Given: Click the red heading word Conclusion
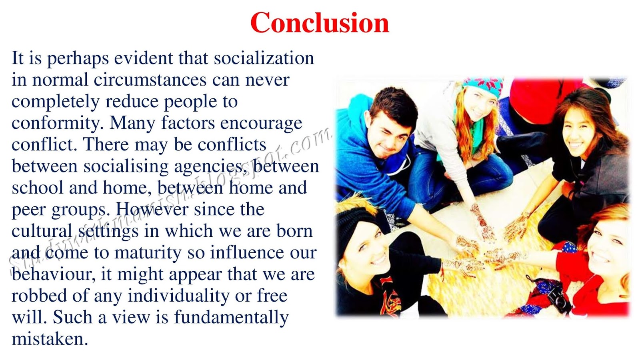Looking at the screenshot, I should (320, 23).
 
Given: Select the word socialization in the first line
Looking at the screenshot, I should (264, 58).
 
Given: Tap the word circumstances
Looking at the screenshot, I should (150, 80).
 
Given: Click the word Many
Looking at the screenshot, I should (132, 122).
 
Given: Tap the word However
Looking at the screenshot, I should (152, 209).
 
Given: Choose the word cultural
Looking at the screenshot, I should (42, 231).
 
